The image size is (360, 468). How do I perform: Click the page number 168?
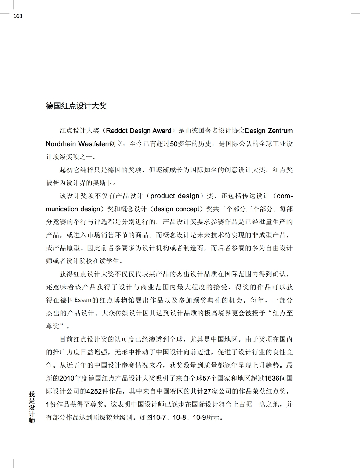[x=18, y=16]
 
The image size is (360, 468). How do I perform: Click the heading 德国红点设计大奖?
[x=76, y=106]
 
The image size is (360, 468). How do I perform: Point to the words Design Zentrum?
[x=269, y=131]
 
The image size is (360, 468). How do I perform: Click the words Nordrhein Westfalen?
[x=77, y=144]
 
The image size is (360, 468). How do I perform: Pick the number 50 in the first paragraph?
[x=174, y=144]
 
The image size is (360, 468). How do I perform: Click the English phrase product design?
[x=175, y=196]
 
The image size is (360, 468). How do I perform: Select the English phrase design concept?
[x=176, y=209]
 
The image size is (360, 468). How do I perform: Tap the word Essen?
[x=83, y=300]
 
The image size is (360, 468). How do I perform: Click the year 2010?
[x=67, y=379]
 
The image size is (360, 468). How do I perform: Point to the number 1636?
[x=272, y=379]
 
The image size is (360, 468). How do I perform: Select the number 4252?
[x=94, y=392]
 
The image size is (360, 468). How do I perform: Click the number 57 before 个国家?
[x=206, y=379]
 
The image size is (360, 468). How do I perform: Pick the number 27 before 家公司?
[x=207, y=392]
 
